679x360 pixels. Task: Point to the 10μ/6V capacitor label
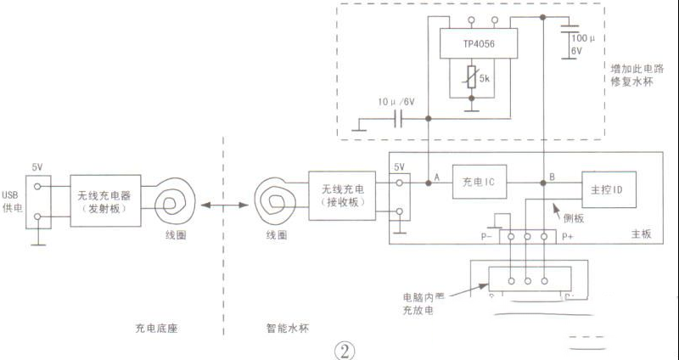(x=395, y=102)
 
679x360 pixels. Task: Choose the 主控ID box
(x=608, y=188)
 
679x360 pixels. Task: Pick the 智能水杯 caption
(x=283, y=327)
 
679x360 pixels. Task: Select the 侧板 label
(x=574, y=218)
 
